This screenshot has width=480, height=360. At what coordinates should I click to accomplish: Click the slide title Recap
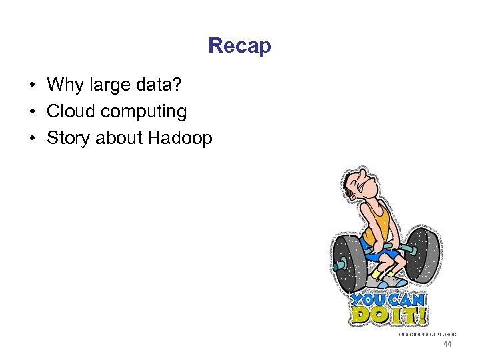click(239, 46)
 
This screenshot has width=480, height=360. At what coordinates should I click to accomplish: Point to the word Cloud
click(70, 111)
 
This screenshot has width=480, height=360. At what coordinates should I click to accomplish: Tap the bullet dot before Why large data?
click(31, 85)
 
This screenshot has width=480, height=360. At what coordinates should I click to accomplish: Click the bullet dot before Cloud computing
click(31, 112)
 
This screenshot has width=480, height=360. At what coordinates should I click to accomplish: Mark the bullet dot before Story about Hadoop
click(31, 139)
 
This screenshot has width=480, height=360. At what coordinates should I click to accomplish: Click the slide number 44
click(447, 343)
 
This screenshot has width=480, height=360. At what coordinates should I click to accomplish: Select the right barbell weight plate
click(423, 254)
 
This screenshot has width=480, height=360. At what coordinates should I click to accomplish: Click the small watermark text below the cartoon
click(428, 333)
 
